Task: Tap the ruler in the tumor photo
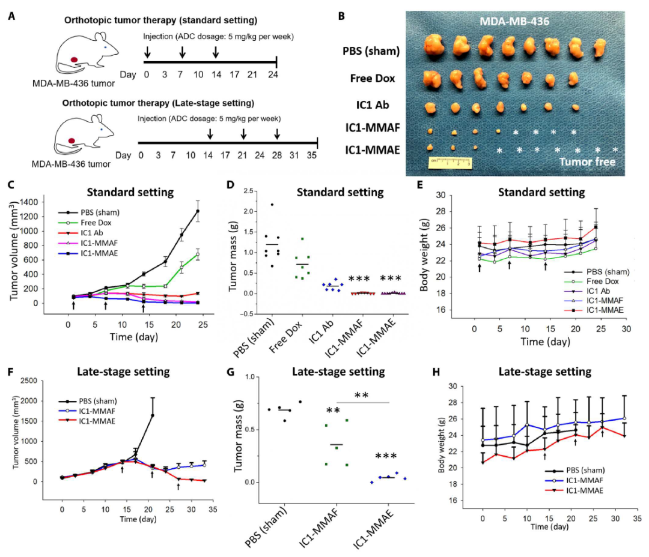[450, 163]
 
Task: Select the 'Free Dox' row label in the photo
[372, 77]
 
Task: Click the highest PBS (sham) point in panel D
[272, 205]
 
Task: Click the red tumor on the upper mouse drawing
[75, 59]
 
